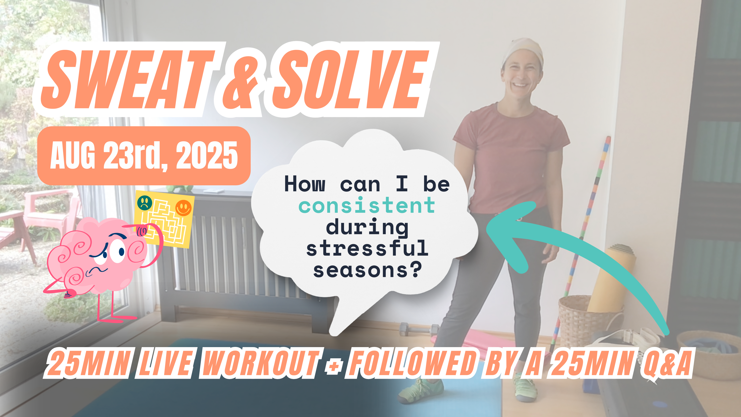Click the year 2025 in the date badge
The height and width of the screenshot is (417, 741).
click(206, 156)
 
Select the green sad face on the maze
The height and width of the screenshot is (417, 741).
click(145, 202)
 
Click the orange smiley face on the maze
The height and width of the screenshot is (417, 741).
click(184, 208)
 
